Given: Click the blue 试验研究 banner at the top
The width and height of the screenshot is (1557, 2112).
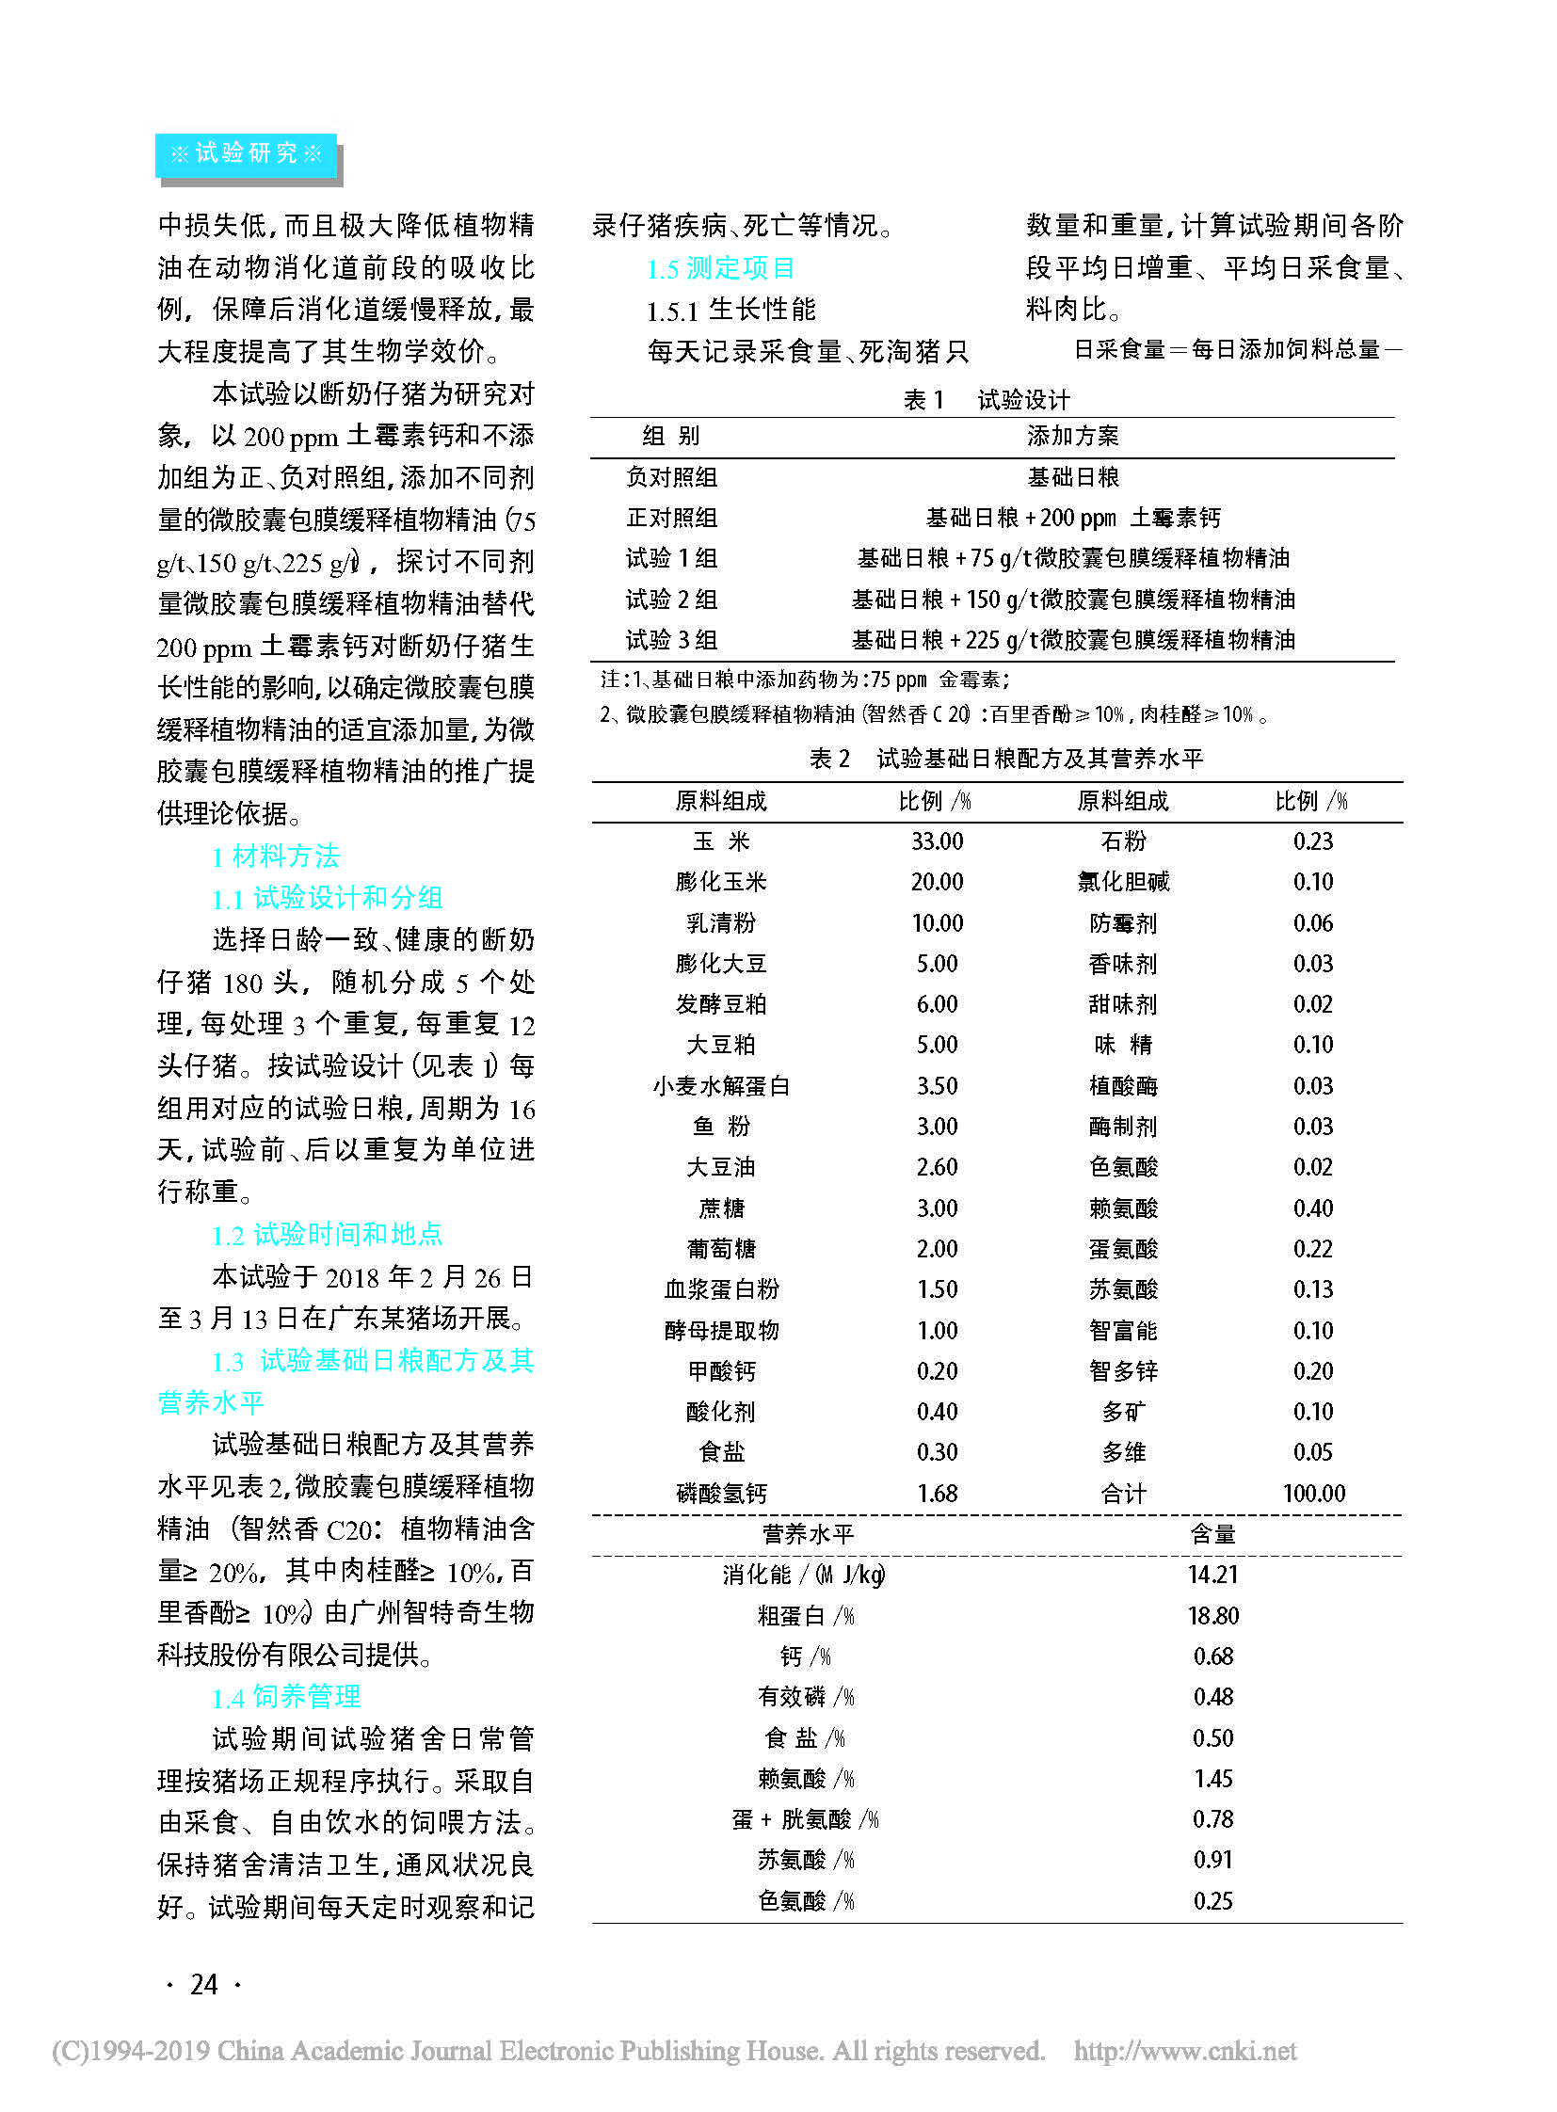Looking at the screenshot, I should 246,153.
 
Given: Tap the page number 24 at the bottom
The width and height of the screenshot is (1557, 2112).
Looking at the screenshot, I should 203,1984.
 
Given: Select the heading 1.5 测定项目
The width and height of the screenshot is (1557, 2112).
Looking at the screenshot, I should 720,268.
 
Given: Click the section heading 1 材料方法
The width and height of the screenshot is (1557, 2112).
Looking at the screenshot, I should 275,856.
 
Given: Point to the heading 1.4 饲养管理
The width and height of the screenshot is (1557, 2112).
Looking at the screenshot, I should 286,1697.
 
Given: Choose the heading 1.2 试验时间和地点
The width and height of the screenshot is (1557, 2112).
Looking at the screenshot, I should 327,1235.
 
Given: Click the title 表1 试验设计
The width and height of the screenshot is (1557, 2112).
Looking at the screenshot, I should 987,400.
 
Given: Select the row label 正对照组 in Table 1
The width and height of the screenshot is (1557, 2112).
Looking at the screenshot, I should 671,518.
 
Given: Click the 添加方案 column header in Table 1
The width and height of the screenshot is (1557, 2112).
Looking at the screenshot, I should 1072,436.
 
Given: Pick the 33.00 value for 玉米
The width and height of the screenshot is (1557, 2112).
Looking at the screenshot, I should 937,841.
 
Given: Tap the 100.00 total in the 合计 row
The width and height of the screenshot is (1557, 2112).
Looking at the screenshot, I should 1313,1493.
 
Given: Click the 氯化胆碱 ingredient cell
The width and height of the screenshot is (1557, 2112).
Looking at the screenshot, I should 1122,882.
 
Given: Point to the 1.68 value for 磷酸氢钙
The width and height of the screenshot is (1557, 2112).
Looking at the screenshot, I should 937,1493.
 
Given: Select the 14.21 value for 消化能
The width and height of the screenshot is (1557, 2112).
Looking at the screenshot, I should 1212,1575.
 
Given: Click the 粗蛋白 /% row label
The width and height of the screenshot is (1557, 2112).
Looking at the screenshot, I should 806,1616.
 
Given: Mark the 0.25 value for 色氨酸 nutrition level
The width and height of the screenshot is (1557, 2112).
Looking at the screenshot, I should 1212,1901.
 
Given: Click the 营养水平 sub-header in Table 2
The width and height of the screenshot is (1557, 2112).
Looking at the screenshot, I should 808,1534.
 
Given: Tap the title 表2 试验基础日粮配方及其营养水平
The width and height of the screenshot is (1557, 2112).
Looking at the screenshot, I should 1005,759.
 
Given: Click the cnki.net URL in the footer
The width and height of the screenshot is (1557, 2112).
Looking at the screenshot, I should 1185,2051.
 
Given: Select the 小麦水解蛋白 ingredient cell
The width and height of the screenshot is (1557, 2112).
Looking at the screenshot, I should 721,1086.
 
